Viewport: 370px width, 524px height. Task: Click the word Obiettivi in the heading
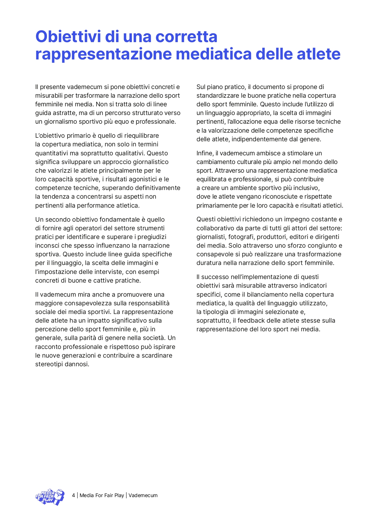68,36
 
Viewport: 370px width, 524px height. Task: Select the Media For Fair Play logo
50,497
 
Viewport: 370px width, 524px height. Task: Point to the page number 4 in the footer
73,495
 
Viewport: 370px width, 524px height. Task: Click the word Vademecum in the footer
143,495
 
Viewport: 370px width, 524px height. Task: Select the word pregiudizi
152,237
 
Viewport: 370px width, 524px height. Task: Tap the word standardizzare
217,96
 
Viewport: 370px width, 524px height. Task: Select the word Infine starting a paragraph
205,153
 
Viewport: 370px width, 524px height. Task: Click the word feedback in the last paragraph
250,321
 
